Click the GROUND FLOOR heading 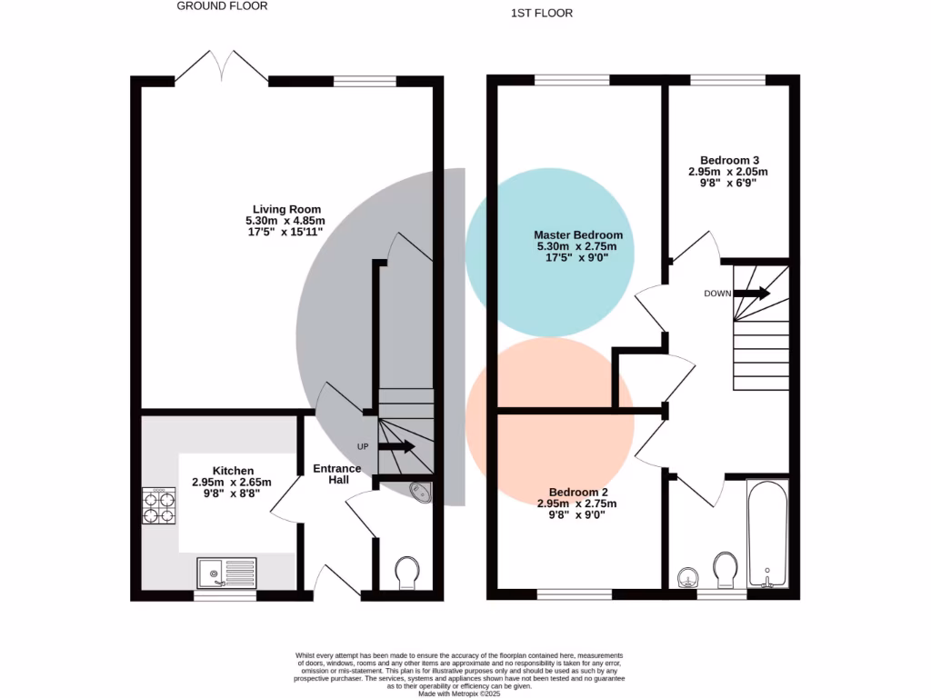pyautogui.click(x=222, y=6)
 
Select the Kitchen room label pyautogui.click(x=226, y=470)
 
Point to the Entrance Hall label pyautogui.click(x=336, y=474)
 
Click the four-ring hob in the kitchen pyautogui.click(x=159, y=506)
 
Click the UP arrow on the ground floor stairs pyautogui.click(x=396, y=446)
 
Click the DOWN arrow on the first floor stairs pyautogui.click(x=751, y=294)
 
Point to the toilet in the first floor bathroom pyautogui.click(x=726, y=569)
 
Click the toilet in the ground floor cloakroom pyautogui.click(x=406, y=573)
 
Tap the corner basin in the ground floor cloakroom pyautogui.click(x=422, y=492)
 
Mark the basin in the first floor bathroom pyautogui.click(x=688, y=577)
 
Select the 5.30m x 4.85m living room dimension pyautogui.click(x=285, y=221)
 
